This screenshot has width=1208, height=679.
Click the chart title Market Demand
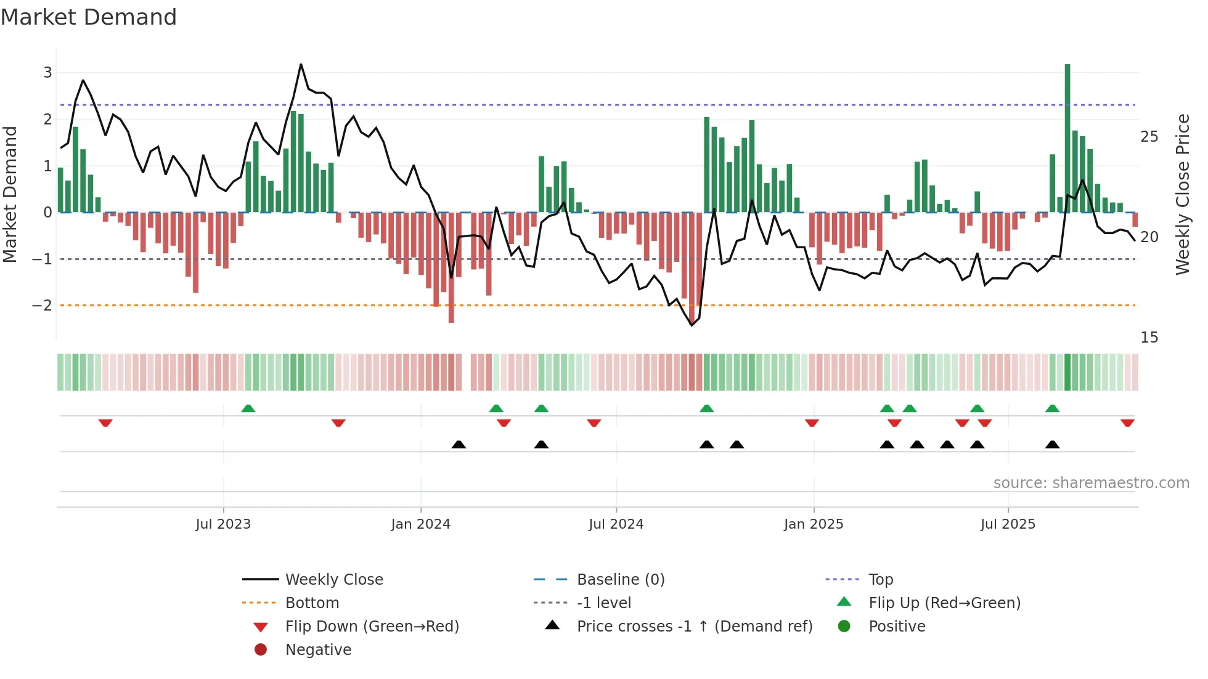point(89,17)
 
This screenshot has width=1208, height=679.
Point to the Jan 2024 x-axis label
point(420,524)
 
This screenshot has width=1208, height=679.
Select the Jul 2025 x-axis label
point(1008,524)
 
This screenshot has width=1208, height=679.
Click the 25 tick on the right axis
point(1149,137)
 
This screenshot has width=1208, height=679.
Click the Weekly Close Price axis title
point(1182,194)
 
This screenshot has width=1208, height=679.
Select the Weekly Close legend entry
point(333,580)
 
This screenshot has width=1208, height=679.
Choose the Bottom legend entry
point(312,603)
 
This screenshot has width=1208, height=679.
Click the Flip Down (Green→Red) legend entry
point(372,627)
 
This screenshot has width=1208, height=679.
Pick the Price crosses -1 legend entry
point(694,627)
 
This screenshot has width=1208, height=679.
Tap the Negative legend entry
point(318,650)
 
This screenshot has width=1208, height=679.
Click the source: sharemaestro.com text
point(1091,483)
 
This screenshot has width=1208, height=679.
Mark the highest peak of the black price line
point(301,64)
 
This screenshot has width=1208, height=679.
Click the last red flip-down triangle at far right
point(1127,423)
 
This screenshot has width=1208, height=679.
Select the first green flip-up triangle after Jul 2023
point(248,409)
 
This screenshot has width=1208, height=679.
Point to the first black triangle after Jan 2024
point(459,444)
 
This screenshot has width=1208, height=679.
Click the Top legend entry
point(881,580)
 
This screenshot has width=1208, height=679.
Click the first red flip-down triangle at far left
point(105,423)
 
